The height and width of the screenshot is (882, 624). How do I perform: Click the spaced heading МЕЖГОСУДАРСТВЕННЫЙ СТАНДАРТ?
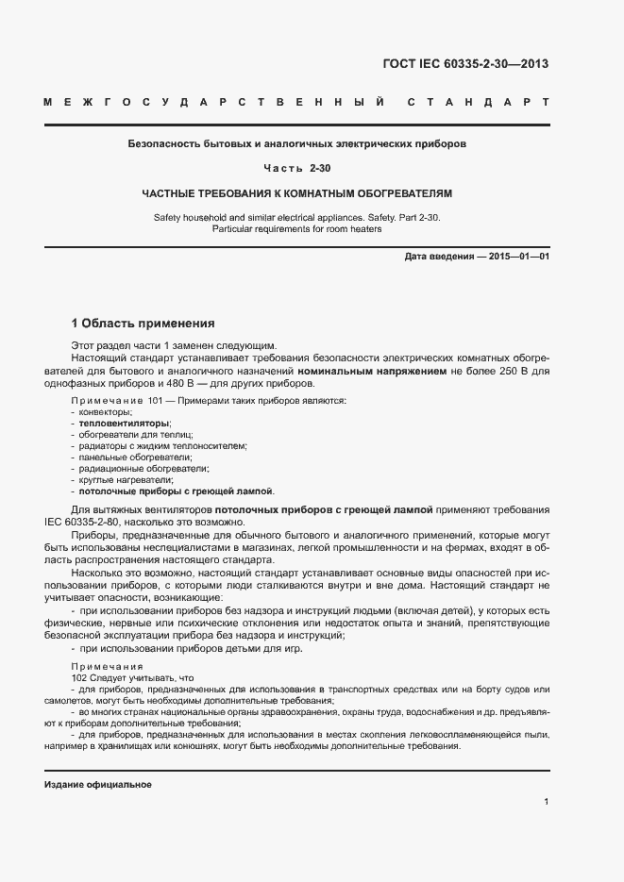(296, 102)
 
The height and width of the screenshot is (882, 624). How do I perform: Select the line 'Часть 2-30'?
(296, 169)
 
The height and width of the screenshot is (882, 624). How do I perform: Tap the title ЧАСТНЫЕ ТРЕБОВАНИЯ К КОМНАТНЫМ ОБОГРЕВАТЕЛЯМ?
(296, 193)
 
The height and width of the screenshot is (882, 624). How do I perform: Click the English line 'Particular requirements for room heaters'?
(296, 229)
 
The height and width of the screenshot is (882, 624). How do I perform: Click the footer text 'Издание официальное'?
(97, 785)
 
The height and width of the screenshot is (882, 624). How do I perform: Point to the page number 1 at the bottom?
(547, 802)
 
